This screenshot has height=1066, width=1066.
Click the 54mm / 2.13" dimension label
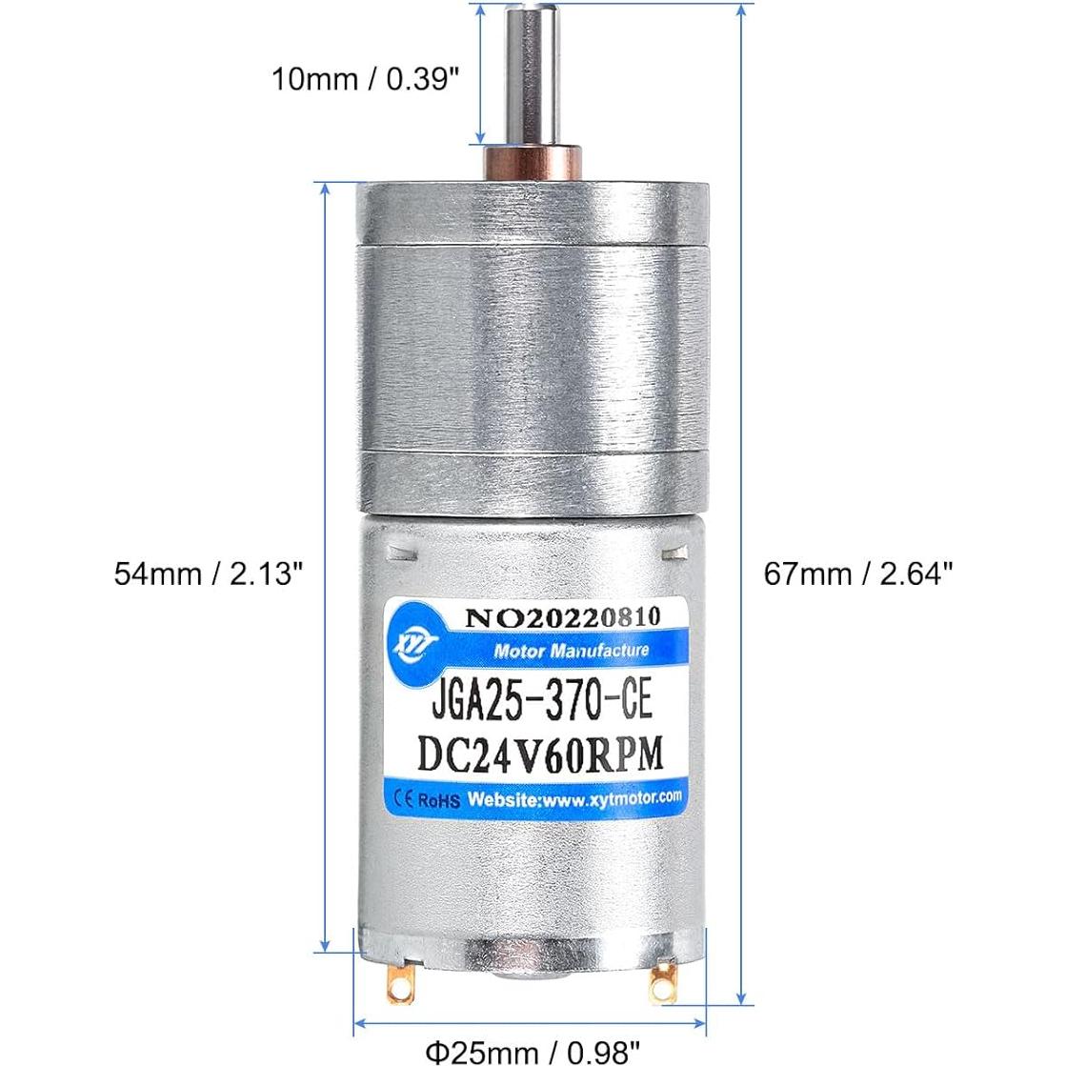pyautogui.click(x=210, y=574)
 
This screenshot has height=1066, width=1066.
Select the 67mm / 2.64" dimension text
pyautogui.click(x=858, y=574)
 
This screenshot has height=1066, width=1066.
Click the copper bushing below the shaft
pyautogui.click(x=533, y=161)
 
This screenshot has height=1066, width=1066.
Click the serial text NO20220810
pyautogui.click(x=562, y=617)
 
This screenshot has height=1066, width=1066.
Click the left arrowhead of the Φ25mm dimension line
pyautogui.click(x=361, y=1025)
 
